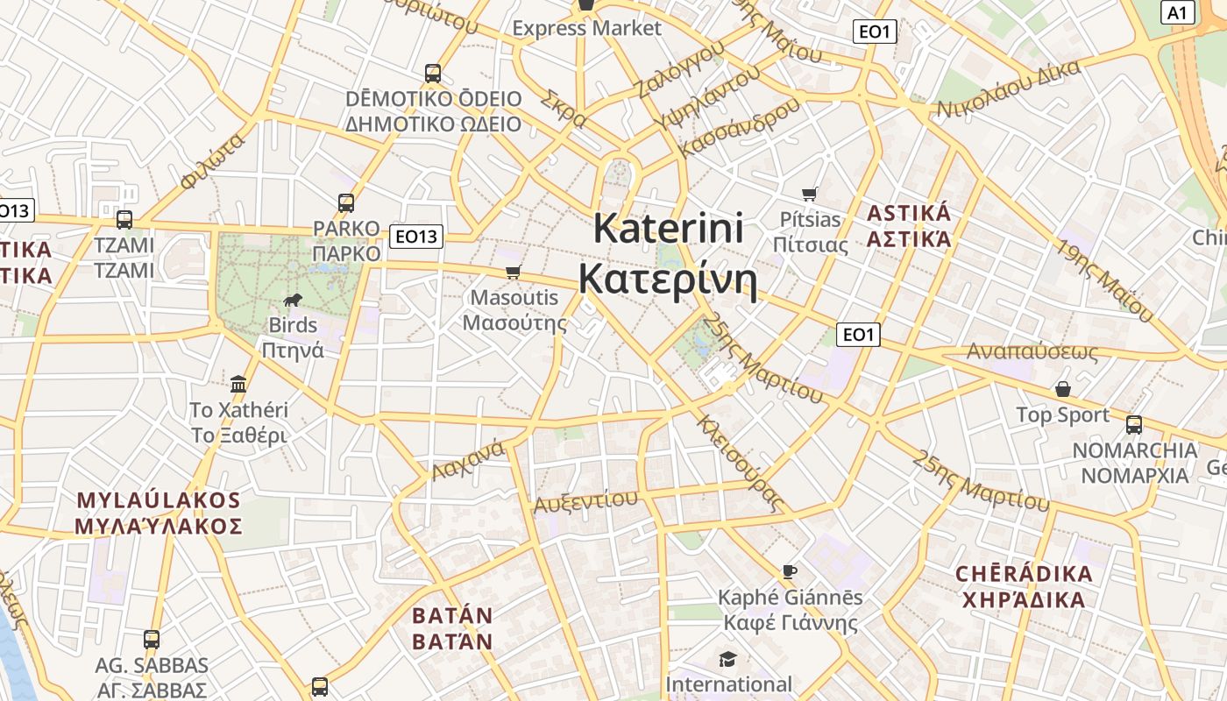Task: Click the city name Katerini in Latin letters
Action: [668, 229]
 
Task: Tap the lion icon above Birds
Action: [293, 301]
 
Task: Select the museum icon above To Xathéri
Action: [238, 384]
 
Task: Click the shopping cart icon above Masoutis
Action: [514, 273]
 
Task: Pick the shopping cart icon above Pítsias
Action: [810, 194]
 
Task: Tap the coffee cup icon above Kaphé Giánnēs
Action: [790, 572]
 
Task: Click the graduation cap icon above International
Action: [728, 659]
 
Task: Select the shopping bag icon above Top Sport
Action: [1063, 388]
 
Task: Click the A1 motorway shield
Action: [1177, 12]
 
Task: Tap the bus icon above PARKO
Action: [346, 203]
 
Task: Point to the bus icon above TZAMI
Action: [124, 219]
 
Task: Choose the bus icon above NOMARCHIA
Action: [1134, 425]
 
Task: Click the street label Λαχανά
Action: [468, 460]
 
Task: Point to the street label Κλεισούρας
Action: [737, 463]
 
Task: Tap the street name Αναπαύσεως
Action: [1032, 351]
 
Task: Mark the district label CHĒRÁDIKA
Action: [1024, 574]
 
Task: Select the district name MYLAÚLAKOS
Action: [159, 500]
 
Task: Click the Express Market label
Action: [586, 28]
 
